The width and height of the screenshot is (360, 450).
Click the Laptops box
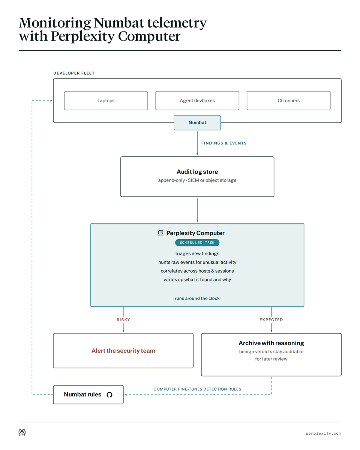tap(106, 100)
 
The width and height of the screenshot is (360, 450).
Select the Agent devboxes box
tap(197, 100)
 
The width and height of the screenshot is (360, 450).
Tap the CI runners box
tap(288, 100)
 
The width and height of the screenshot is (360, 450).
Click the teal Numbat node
tap(197, 123)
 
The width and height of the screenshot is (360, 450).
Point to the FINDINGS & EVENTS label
tap(224, 143)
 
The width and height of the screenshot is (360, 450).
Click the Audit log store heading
tap(197, 172)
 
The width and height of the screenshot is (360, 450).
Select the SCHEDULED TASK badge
tap(197, 243)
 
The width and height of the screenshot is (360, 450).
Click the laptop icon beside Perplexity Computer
tap(160, 233)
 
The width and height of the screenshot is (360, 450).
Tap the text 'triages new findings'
tap(197, 253)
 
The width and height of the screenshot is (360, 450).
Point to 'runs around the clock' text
tap(197, 298)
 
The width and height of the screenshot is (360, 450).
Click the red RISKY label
tap(123, 320)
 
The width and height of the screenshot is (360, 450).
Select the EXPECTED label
tap(271, 320)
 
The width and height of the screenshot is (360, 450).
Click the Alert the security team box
tap(123, 351)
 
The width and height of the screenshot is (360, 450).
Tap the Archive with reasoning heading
tap(271, 343)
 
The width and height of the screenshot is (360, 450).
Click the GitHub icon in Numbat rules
tap(109, 394)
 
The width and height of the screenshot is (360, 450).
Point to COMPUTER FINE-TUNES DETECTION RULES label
tap(197, 389)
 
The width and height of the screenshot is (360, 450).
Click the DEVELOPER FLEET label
tap(74, 73)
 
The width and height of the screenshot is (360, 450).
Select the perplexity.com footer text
tap(323, 433)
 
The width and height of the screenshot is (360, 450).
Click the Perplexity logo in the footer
tap(22, 432)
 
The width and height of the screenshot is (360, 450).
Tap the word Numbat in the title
tap(119, 23)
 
